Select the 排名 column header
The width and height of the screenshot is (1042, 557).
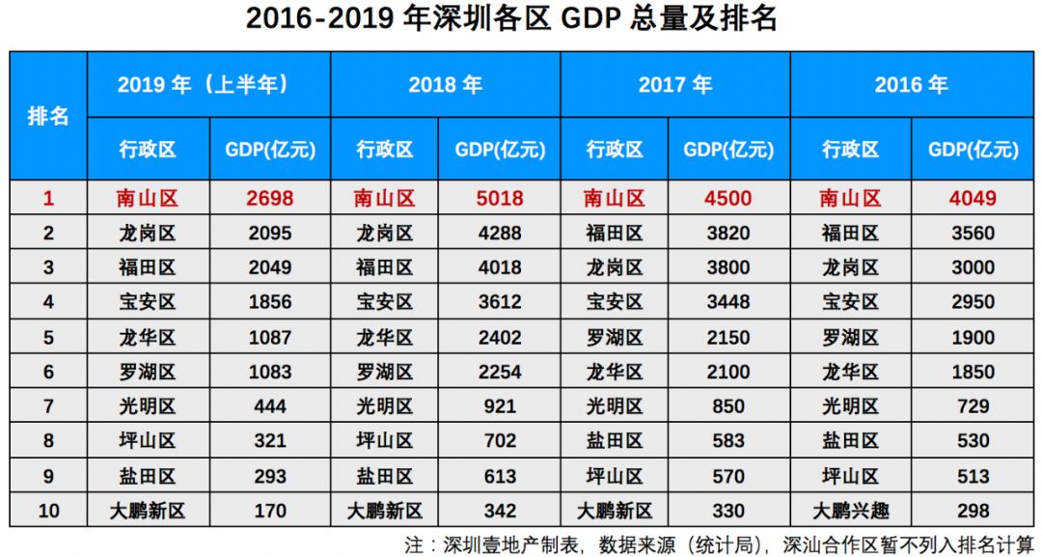[x=48, y=116]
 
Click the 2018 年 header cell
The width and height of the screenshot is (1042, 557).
[x=445, y=85]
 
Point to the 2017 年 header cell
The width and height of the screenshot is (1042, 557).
[x=674, y=85]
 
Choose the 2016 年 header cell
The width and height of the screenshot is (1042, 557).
[x=911, y=85]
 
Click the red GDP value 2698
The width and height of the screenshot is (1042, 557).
[x=270, y=199]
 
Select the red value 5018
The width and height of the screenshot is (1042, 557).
[x=500, y=199]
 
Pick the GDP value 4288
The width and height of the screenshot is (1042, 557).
[x=500, y=234]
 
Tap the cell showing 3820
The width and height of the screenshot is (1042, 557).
[x=728, y=234]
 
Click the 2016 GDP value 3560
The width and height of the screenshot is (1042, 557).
[x=973, y=234]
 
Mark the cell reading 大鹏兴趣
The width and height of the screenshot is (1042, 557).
[x=850, y=511]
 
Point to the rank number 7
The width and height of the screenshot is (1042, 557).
[x=48, y=406]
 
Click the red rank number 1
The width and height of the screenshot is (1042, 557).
[x=48, y=199]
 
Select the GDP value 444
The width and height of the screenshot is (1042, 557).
[x=270, y=406]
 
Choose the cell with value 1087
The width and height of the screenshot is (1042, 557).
[x=270, y=338]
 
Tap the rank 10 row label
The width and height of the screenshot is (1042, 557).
[x=48, y=511]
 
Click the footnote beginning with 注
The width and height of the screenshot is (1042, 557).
[x=719, y=543]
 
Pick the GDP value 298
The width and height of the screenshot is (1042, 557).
[x=973, y=511]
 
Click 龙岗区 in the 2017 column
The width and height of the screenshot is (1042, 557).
[x=615, y=268]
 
